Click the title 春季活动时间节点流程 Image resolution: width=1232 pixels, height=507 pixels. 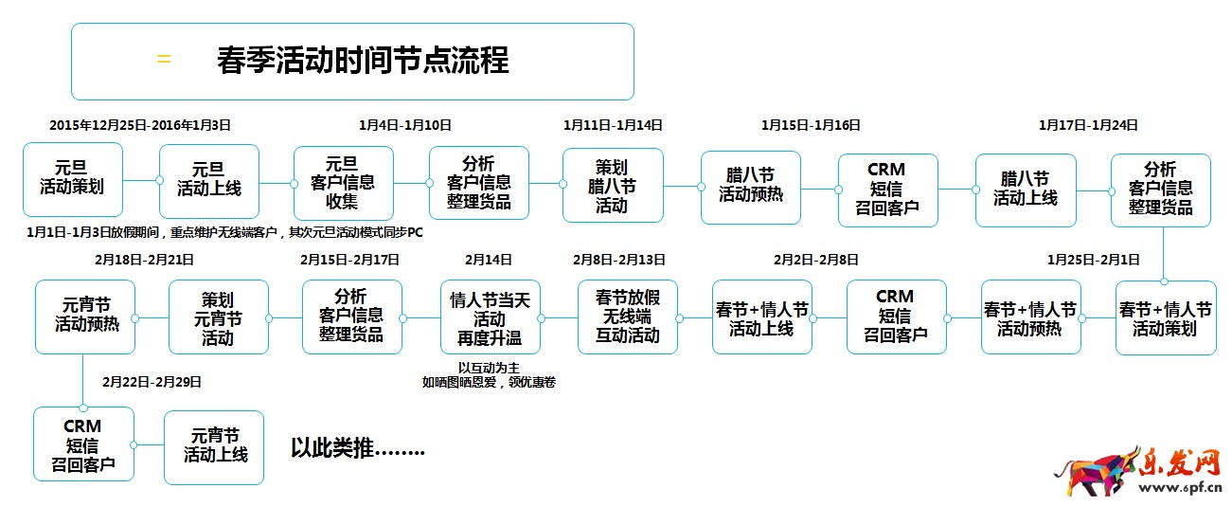coord(363,61)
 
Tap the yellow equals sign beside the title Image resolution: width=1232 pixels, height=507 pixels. coord(164,60)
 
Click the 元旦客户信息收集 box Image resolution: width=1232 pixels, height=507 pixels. coord(343,183)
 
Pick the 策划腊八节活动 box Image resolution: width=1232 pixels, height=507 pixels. coord(612,186)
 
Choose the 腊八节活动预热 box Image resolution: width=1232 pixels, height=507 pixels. coord(750,187)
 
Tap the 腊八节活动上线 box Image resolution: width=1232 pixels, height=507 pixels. coord(1025,189)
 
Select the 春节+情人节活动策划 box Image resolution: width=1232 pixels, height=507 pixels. coord(1165,318)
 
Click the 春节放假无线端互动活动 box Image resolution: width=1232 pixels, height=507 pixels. coord(628,316)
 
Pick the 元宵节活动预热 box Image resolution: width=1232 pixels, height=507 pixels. coord(85,316)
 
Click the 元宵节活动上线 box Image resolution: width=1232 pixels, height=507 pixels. coord(215,446)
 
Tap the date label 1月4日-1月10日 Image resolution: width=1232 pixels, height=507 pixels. coord(405,125)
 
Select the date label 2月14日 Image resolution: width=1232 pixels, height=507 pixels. coord(489,259)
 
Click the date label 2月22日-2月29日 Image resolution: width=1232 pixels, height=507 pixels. coord(152,382)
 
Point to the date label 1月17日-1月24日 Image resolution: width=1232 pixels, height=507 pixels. coord(1088,125)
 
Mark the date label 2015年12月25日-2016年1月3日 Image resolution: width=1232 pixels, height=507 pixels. coord(140,125)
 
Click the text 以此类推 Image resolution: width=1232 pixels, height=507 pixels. coord(357,447)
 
